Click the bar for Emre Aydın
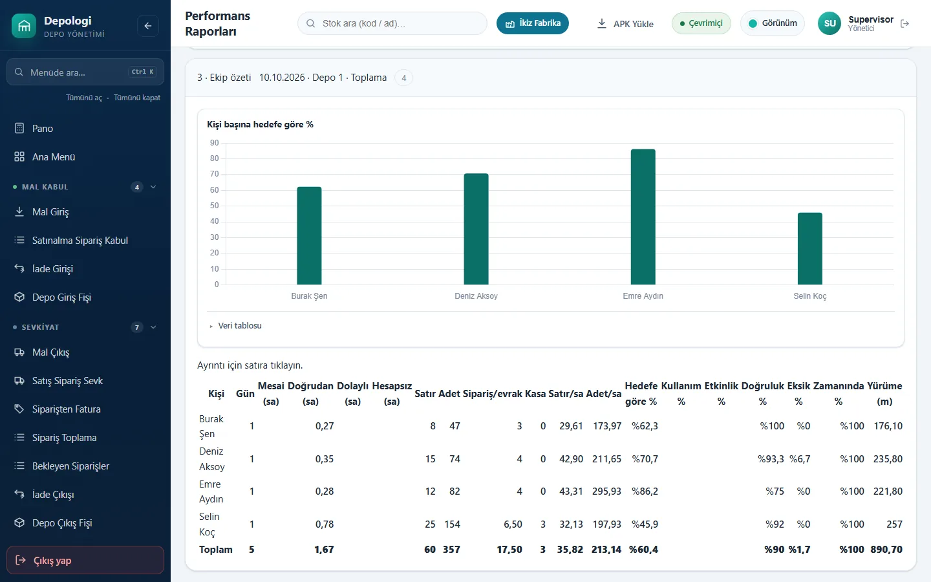click(x=643, y=217)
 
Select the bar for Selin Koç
click(x=809, y=248)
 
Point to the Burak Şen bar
click(x=309, y=235)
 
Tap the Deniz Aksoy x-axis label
click(x=476, y=296)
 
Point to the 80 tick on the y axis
click(x=214, y=158)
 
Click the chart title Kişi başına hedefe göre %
click(x=260, y=124)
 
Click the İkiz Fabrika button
click(x=533, y=23)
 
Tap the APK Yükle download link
click(x=625, y=24)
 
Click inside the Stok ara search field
click(x=392, y=23)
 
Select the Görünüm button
click(x=772, y=23)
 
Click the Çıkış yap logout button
click(x=85, y=560)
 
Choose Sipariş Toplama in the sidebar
click(x=65, y=437)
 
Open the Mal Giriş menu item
click(x=50, y=212)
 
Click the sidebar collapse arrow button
click(x=148, y=26)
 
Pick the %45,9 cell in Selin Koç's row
click(x=645, y=524)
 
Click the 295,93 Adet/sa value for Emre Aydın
click(x=607, y=491)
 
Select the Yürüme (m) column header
click(x=884, y=393)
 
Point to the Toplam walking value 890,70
click(x=886, y=550)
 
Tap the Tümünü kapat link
click(x=137, y=98)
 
